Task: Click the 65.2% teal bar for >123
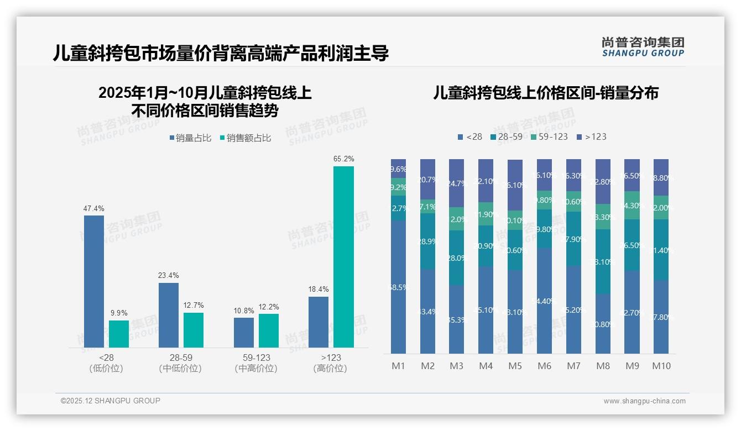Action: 343,257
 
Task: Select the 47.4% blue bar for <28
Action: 94,281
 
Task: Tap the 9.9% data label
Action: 118,313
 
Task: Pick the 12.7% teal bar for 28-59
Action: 194,330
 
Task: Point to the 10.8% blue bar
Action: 244,332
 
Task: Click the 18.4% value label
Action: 319,289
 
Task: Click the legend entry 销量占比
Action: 190,138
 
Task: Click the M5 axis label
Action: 515,366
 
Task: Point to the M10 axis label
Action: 661,366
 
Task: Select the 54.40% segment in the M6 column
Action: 544,301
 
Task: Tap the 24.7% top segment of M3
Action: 456,183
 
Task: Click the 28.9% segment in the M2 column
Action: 427,241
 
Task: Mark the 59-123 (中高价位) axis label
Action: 256,363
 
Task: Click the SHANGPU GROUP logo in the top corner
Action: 643,47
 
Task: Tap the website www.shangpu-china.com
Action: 644,401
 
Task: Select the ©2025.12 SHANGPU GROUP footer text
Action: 111,401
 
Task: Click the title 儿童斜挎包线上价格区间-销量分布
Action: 545,93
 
